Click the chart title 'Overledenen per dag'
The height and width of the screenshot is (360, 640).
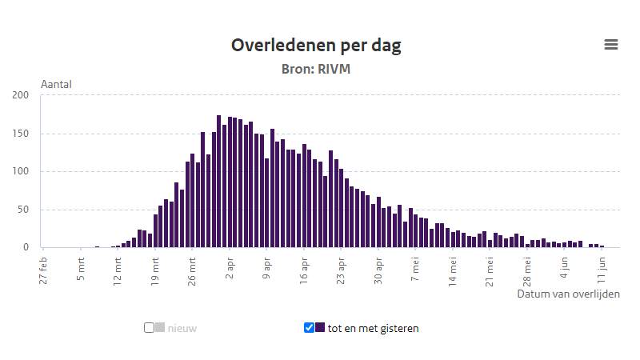pyautogui.click(x=316, y=45)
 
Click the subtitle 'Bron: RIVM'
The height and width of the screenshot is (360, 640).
pyautogui.click(x=316, y=70)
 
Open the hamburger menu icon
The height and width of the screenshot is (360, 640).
pyautogui.click(x=611, y=45)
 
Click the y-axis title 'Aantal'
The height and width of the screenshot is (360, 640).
pyautogui.click(x=56, y=84)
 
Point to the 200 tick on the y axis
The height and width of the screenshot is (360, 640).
pyautogui.click(x=21, y=95)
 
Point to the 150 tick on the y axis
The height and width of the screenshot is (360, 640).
pyautogui.click(x=21, y=134)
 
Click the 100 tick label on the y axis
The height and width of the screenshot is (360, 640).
pyautogui.click(x=21, y=171)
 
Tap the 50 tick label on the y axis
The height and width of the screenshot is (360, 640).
pyautogui.click(x=23, y=210)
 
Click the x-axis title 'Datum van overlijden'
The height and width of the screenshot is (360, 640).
pyautogui.click(x=568, y=294)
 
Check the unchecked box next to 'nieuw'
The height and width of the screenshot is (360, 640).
pyautogui.click(x=149, y=327)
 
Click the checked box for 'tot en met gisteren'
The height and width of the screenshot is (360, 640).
pyautogui.click(x=309, y=327)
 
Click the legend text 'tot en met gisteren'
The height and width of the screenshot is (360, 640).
pyautogui.click(x=373, y=328)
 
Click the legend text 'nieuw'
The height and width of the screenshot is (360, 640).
pyautogui.click(x=182, y=328)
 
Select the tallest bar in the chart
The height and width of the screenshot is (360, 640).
pyautogui.click(x=218, y=182)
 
